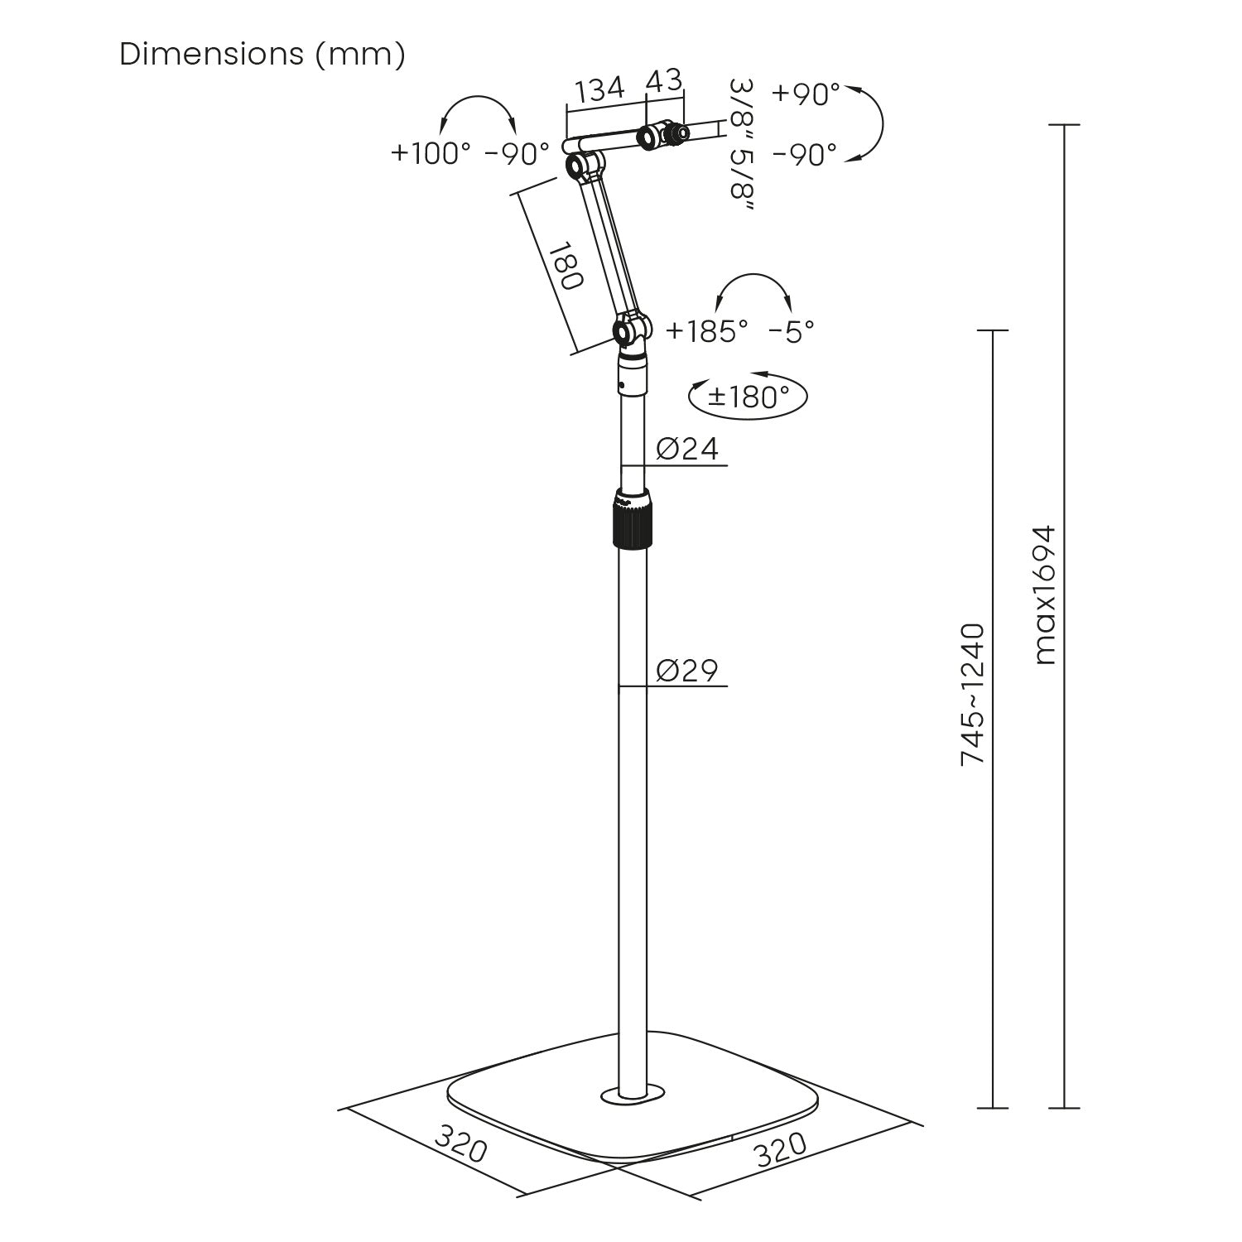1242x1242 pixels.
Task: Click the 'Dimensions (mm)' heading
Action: coord(262,55)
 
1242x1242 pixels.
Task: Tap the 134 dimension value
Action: coord(600,89)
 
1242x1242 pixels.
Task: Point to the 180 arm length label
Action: coord(566,266)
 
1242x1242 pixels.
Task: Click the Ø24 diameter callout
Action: coord(687,449)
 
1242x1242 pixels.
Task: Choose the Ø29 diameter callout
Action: coord(687,670)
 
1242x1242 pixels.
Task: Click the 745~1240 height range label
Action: coord(973,694)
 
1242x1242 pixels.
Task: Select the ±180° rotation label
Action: coord(748,397)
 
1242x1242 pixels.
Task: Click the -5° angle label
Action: coord(792,331)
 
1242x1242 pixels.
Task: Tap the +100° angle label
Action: coord(431,153)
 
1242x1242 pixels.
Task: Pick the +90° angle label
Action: coord(806,94)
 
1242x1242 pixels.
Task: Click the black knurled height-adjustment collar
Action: coord(632,518)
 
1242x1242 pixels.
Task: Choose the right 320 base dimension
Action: coord(780,1149)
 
